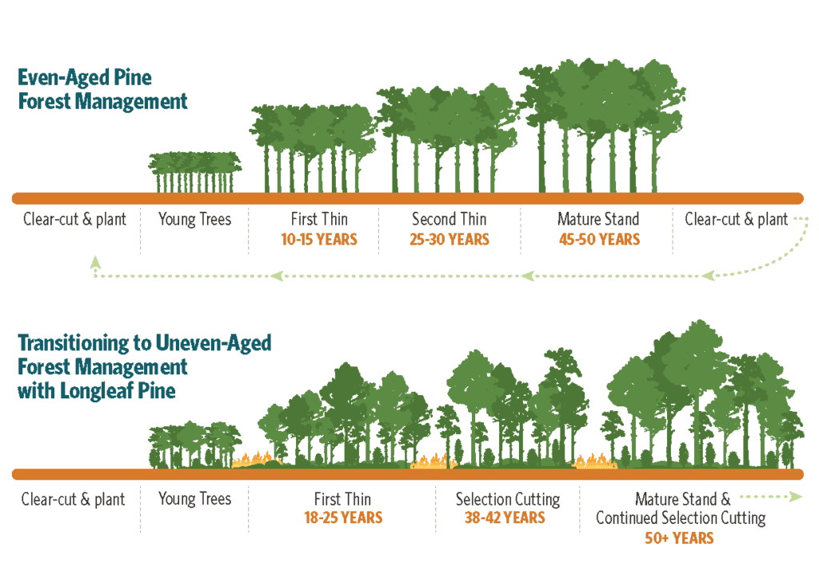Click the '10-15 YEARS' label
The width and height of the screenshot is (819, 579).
point(318,239)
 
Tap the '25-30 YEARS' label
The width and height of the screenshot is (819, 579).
point(449,239)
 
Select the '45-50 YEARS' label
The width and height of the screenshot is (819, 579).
point(598,239)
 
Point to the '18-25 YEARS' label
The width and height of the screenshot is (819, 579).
point(343,517)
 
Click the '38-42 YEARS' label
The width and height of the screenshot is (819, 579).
point(505,517)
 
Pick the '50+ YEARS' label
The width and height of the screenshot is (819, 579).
point(679,537)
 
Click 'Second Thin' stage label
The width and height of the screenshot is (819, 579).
point(449,218)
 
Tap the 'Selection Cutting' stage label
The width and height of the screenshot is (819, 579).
point(508,499)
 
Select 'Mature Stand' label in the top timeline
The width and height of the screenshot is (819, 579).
point(598,218)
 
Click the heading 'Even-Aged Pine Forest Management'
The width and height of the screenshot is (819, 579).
point(102,90)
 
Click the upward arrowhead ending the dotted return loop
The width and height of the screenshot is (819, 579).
point(95,262)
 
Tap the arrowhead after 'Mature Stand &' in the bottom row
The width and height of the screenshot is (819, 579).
point(795,497)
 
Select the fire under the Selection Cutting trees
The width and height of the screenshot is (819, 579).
point(433,461)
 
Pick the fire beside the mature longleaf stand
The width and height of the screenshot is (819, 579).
point(594,461)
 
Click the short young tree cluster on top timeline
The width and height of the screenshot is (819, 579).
point(194,172)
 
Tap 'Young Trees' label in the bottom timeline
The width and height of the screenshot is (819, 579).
point(194,499)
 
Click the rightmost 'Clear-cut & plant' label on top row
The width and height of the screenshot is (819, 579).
point(736,218)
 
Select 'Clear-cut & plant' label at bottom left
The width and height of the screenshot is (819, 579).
point(74,499)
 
